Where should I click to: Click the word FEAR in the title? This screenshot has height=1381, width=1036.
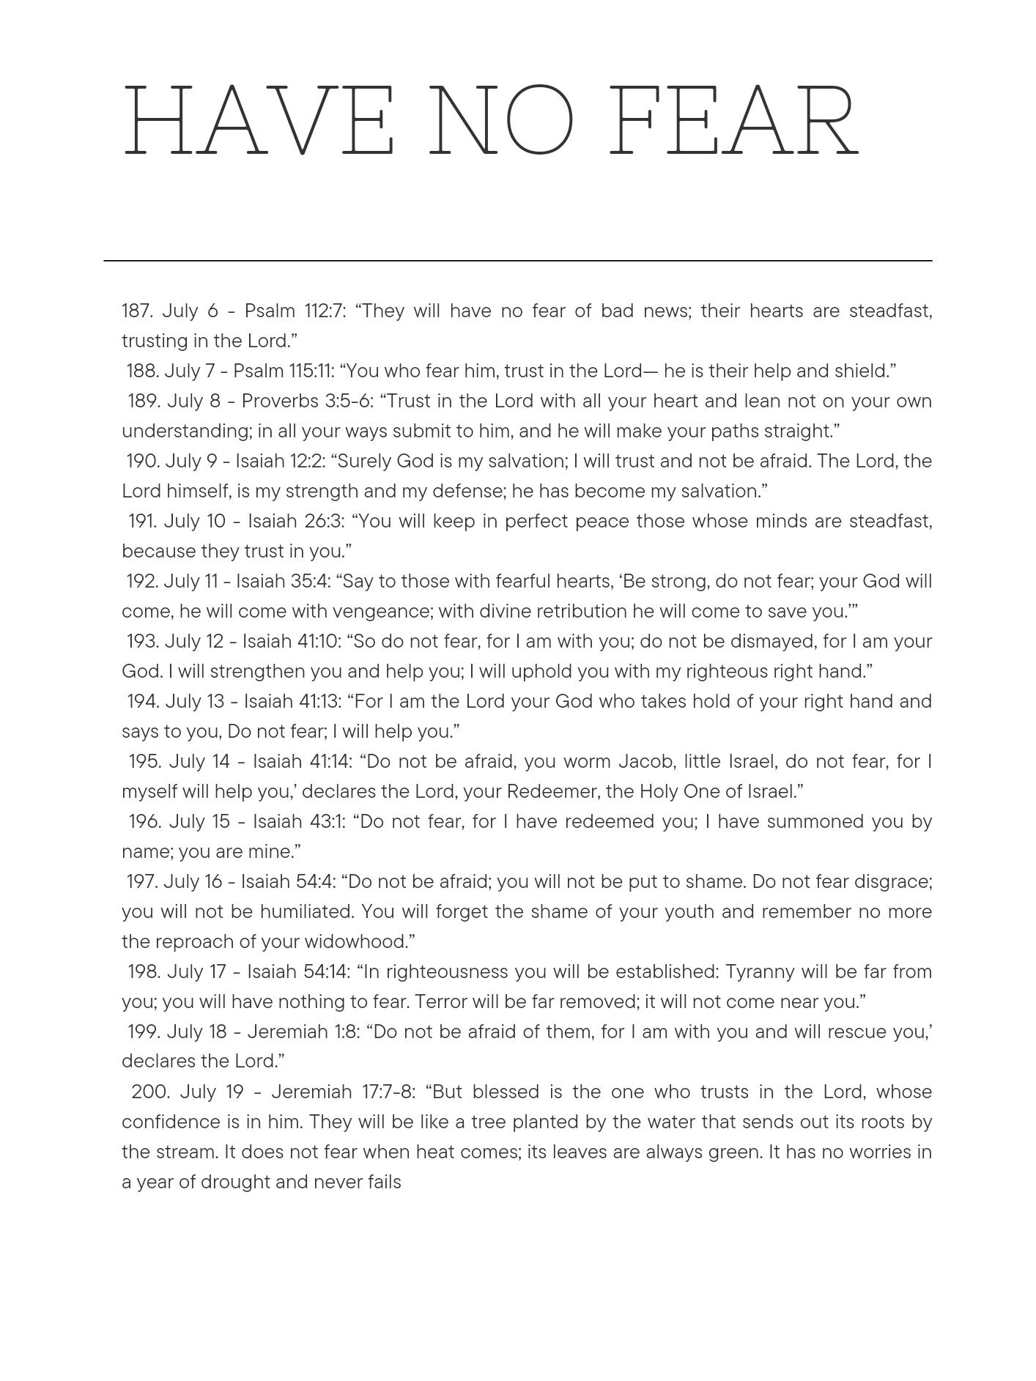pos(733,121)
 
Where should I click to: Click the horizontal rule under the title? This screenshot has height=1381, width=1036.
pos(517,260)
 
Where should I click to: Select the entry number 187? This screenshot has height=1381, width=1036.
pos(137,311)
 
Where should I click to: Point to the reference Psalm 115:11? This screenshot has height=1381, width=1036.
pos(284,371)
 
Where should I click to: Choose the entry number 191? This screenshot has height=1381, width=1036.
pos(142,522)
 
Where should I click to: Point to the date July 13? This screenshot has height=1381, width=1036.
pos(195,702)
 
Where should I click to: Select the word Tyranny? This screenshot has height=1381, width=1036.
pos(760,972)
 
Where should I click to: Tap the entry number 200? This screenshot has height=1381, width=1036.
pos(150,1092)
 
